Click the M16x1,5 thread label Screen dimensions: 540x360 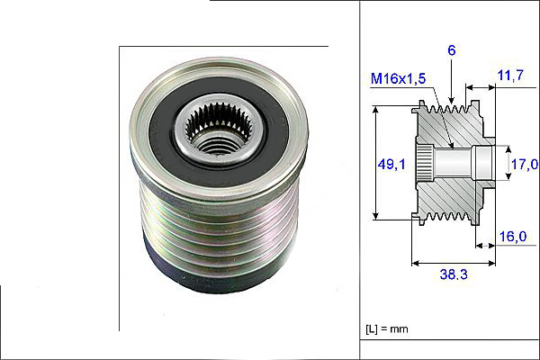pos(398,79)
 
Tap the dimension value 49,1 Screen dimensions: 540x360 pos(391,165)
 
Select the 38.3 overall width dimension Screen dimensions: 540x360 pos(454,274)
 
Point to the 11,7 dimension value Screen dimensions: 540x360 pos(510,76)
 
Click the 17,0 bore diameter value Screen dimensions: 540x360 pos(524,165)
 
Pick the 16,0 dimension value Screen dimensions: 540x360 pos(513,237)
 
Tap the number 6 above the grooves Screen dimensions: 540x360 pos(452,50)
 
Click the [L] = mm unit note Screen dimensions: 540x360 pos(387,328)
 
